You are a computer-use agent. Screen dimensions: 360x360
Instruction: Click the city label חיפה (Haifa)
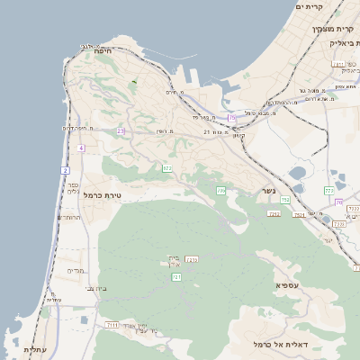(101, 52)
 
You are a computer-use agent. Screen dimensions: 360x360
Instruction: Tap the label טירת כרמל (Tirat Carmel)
(101, 195)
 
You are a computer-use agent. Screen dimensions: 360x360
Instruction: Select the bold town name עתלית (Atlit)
(34, 349)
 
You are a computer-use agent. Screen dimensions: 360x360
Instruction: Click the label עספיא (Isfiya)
(287, 284)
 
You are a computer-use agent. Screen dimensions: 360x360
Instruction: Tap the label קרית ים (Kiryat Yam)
(308, 7)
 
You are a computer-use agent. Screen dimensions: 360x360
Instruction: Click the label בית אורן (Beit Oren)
(175, 261)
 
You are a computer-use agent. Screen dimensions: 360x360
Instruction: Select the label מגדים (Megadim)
(76, 270)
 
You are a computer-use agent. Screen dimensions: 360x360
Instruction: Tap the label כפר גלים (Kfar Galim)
(73, 186)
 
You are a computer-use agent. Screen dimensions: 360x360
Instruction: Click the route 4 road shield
(81, 148)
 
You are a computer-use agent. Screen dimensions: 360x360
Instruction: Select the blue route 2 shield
(66, 169)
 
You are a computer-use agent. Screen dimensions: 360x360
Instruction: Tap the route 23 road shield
(121, 130)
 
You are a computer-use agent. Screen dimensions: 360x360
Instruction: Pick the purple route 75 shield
(232, 117)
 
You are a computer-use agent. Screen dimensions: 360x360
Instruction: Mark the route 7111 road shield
(112, 324)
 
